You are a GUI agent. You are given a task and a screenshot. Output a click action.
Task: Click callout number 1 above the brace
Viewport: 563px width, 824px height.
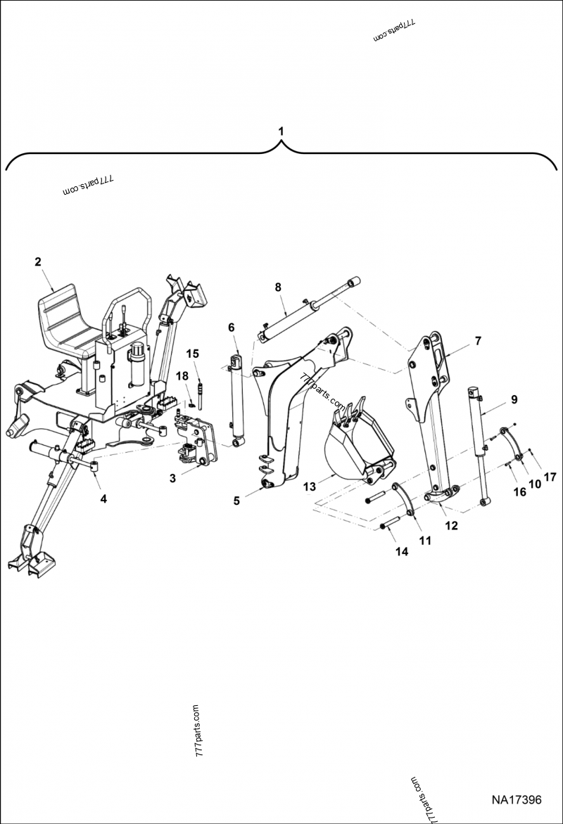point(281,131)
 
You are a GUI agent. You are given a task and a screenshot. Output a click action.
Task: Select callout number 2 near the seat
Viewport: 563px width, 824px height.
point(38,262)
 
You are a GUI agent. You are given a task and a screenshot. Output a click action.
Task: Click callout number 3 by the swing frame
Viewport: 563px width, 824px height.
point(172,478)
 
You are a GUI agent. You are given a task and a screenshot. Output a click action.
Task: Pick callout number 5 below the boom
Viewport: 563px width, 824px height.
point(237,501)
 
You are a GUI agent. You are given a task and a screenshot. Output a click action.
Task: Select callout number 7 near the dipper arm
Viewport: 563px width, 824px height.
point(478,341)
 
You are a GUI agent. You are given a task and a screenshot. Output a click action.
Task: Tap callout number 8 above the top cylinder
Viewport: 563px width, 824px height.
point(278,287)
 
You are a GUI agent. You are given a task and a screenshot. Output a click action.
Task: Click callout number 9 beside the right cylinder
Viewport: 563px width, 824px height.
point(514,399)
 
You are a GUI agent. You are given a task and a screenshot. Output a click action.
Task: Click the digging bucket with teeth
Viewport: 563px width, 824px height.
point(355,443)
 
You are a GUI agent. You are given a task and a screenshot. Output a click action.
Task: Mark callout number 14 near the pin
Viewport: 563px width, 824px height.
point(401,553)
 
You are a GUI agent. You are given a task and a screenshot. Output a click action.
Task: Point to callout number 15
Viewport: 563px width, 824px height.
point(193,352)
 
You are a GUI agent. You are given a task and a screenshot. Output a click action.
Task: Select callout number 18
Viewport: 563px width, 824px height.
point(182,377)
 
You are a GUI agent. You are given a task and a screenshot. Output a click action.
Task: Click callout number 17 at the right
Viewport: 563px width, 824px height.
point(550,477)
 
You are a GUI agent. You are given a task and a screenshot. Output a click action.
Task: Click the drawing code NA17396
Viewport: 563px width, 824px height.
point(516,800)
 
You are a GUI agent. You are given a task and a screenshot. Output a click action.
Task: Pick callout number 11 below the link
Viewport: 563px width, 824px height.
point(425,541)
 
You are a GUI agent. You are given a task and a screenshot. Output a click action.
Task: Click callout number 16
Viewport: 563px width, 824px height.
point(519,492)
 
